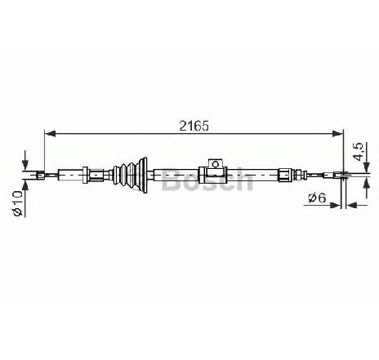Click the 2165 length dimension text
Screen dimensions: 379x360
tap(194, 126)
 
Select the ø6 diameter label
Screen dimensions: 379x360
tap(317, 198)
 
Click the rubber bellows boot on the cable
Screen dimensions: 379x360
tap(130, 176)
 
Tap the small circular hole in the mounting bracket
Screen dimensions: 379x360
tap(216, 164)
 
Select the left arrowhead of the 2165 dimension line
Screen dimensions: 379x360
tap(50, 134)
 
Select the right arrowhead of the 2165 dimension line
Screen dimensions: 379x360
tap(338, 134)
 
